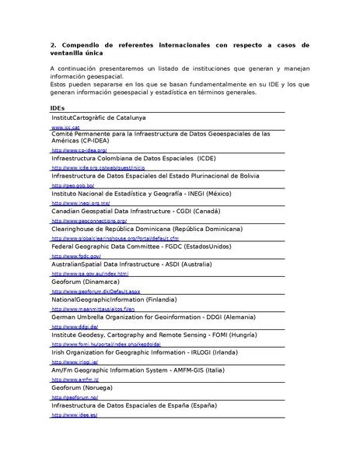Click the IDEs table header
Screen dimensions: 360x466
coord(57,107)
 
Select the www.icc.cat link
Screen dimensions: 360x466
coord(65,126)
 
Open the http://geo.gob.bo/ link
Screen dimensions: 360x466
coord(73,186)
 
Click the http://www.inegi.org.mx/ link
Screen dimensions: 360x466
coord(81,203)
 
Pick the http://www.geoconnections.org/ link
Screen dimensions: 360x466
coord(89,220)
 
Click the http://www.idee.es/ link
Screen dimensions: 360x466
coord(75,415)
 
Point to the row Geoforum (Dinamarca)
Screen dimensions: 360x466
coord(86,282)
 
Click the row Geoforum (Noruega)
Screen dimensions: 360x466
coord(82,387)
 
